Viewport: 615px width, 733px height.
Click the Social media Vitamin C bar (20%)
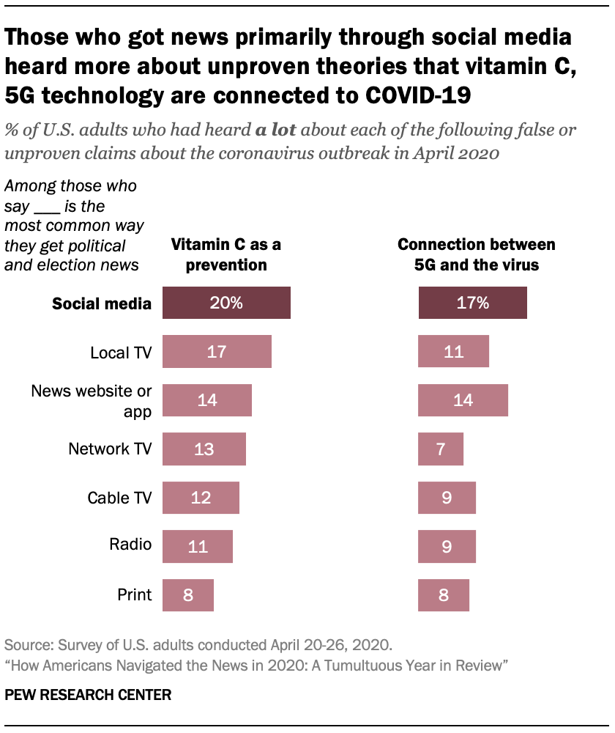pos(226,303)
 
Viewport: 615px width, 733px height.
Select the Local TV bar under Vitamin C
pos(217,352)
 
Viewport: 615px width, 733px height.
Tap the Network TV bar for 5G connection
pos(441,449)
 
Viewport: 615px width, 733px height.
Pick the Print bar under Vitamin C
pos(188,594)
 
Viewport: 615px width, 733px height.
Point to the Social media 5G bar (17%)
pos(472,303)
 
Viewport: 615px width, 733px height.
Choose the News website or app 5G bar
pos(463,400)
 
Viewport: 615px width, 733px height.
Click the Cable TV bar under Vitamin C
pos(201,498)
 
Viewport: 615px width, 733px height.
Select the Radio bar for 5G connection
pos(447,546)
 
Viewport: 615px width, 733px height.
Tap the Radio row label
pos(130,544)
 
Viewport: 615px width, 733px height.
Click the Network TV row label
pos(110,449)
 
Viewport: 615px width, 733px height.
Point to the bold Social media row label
pos(102,303)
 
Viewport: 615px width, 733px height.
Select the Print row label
pos(135,594)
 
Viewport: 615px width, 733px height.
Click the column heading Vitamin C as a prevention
pos(225,254)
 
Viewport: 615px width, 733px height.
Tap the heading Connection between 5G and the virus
pos(476,254)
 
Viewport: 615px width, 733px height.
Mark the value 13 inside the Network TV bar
pos(204,449)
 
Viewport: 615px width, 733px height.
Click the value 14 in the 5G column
pos(463,400)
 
